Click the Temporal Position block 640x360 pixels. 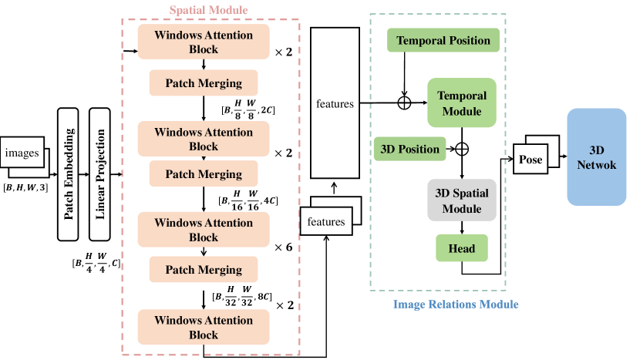443,40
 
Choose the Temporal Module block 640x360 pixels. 462,103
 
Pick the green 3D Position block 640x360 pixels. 409,149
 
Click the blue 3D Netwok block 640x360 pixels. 596,156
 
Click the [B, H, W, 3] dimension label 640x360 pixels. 25,188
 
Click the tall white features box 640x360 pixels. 335,103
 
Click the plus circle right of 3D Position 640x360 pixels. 462,149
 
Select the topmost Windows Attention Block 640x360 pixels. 203,42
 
